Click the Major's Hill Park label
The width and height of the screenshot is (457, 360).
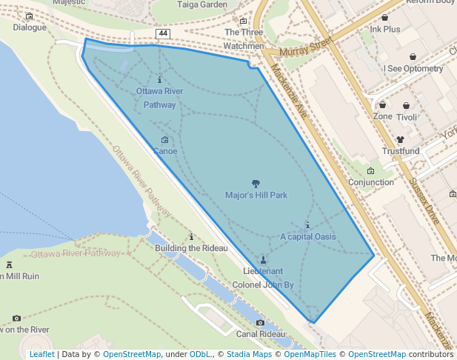(256, 196)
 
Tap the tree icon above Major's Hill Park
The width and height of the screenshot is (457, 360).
(256, 183)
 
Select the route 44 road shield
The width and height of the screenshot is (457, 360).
(163, 34)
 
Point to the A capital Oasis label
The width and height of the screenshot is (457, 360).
(308, 237)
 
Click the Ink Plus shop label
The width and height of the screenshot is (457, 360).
(384, 30)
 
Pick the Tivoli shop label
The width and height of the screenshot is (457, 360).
(407, 117)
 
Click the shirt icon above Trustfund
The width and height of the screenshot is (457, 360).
(401, 139)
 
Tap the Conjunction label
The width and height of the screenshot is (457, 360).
(371, 182)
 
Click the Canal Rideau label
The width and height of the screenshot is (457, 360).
(260, 334)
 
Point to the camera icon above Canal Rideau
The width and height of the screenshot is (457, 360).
(260, 323)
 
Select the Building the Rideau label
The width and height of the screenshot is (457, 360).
(191, 248)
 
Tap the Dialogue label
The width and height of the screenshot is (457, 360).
(29, 28)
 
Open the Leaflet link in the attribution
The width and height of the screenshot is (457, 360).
(41, 354)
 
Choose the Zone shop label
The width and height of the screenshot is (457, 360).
(383, 117)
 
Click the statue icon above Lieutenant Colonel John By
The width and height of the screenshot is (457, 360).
(263, 259)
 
